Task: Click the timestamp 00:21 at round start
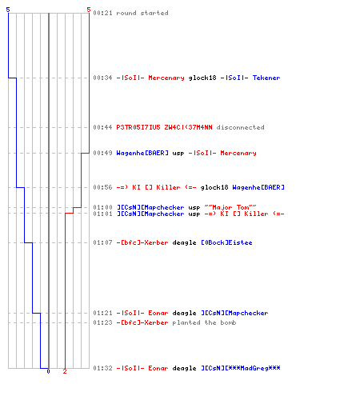(102, 13)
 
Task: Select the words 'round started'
(142, 13)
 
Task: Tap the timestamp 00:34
(102, 78)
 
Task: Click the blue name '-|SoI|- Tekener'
(250, 78)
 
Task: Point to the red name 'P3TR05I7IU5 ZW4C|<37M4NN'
(164, 127)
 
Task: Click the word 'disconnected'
(240, 127)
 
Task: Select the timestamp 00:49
(102, 153)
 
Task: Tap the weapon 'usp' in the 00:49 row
(178, 154)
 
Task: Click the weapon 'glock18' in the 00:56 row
(214, 187)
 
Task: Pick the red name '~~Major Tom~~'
(230, 207)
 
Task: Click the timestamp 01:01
(102, 214)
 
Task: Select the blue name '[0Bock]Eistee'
(226, 242)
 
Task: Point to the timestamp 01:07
(102, 242)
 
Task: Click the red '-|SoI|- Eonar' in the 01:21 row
(142, 313)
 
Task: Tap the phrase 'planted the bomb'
(204, 322)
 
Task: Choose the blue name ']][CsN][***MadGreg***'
(241, 368)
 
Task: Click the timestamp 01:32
(102, 368)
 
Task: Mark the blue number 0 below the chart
(48, 371)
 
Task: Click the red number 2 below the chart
(65, 371)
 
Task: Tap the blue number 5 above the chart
(8, 10)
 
